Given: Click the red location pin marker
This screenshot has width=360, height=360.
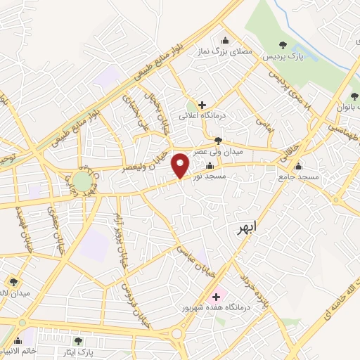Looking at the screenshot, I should click(181, 165).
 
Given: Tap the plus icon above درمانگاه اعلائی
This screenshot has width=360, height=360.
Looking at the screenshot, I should click(202, 105).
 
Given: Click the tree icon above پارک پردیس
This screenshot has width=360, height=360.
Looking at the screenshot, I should click(284, 44).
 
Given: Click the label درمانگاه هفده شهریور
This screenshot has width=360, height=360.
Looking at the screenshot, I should click(211, 308).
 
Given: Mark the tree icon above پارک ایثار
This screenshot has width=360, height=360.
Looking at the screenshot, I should click(78, 341).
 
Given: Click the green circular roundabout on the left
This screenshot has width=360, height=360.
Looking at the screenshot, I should click(82, 182).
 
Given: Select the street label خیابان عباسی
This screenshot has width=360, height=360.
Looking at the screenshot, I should click(194, 261).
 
